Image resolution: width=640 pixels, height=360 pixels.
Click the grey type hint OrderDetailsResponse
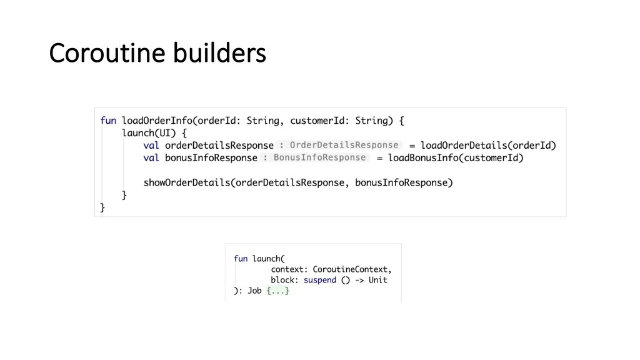(x=344, y=145)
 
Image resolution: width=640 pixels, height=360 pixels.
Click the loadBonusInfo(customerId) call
(x=456, y=158)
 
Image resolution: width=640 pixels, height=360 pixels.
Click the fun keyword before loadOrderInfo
(x=108, y=121)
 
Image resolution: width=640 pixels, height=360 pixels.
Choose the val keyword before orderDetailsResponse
(x=151, y=146)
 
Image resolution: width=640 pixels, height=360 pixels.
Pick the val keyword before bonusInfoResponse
(x=151, y=158)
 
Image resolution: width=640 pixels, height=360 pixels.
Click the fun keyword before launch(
(x=241, y=258)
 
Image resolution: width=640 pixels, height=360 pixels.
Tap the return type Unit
(x=377, y=280)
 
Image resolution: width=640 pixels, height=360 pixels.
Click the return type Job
(x=254, y=291)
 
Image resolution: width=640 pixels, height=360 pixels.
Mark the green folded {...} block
(x=278, y=291)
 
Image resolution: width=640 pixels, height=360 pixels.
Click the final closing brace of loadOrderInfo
(x=102, y=207)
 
